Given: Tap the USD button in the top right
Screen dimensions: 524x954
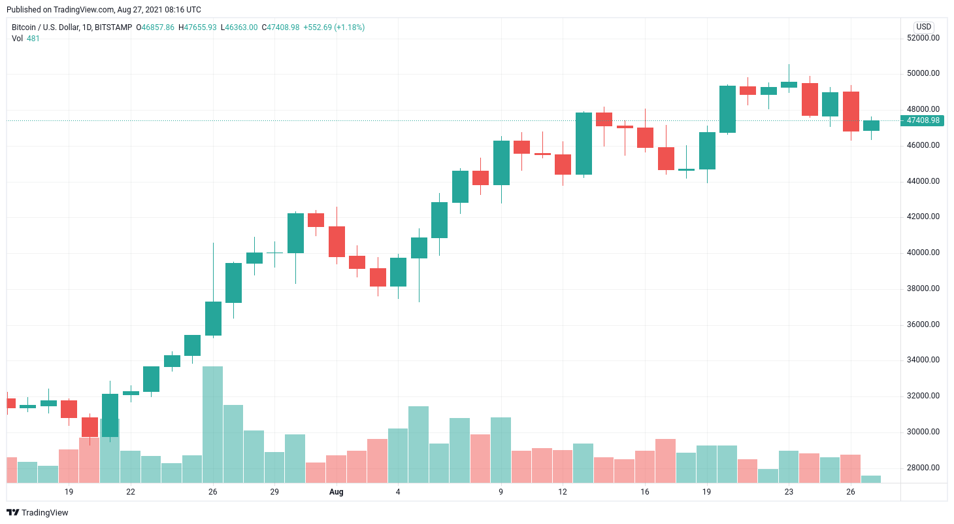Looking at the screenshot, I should click(923, 27).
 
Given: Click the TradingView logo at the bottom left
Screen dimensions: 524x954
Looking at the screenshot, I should click(37, 513).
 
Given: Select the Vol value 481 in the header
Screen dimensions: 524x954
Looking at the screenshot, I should click(33, 39).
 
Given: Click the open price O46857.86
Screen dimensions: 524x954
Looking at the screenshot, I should click(155, 27).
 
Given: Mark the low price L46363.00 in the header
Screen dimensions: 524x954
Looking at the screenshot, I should click(239, 27).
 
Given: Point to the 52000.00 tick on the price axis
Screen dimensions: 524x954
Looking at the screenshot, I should click(923, 38).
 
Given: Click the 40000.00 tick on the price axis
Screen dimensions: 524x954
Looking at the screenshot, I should click(923, 253).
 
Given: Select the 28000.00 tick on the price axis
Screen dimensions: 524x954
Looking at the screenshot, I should click(923, 468).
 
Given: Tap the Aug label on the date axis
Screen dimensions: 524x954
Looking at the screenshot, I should click(336, 491).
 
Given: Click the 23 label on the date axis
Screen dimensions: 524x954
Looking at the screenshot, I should click(789, 491).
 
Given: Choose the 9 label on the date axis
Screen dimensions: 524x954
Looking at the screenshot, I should click(501, 491).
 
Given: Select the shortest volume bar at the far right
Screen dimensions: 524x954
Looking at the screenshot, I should click(871, 479).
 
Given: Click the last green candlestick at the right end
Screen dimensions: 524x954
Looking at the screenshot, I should click(871, 126).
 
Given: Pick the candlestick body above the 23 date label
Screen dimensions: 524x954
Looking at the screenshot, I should click(789, 84).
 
